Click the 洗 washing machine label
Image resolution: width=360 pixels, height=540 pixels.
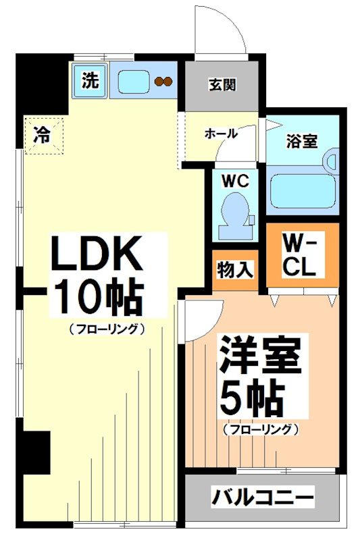coord(90,81)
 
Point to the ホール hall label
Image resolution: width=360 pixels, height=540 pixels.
coord(221,134)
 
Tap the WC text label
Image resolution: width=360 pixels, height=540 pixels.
coord(234,180)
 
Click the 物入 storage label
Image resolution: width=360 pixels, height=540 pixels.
coord(235,270)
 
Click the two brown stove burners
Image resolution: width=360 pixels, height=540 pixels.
coord(163,82)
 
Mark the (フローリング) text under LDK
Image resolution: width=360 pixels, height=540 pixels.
coord(107,329)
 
